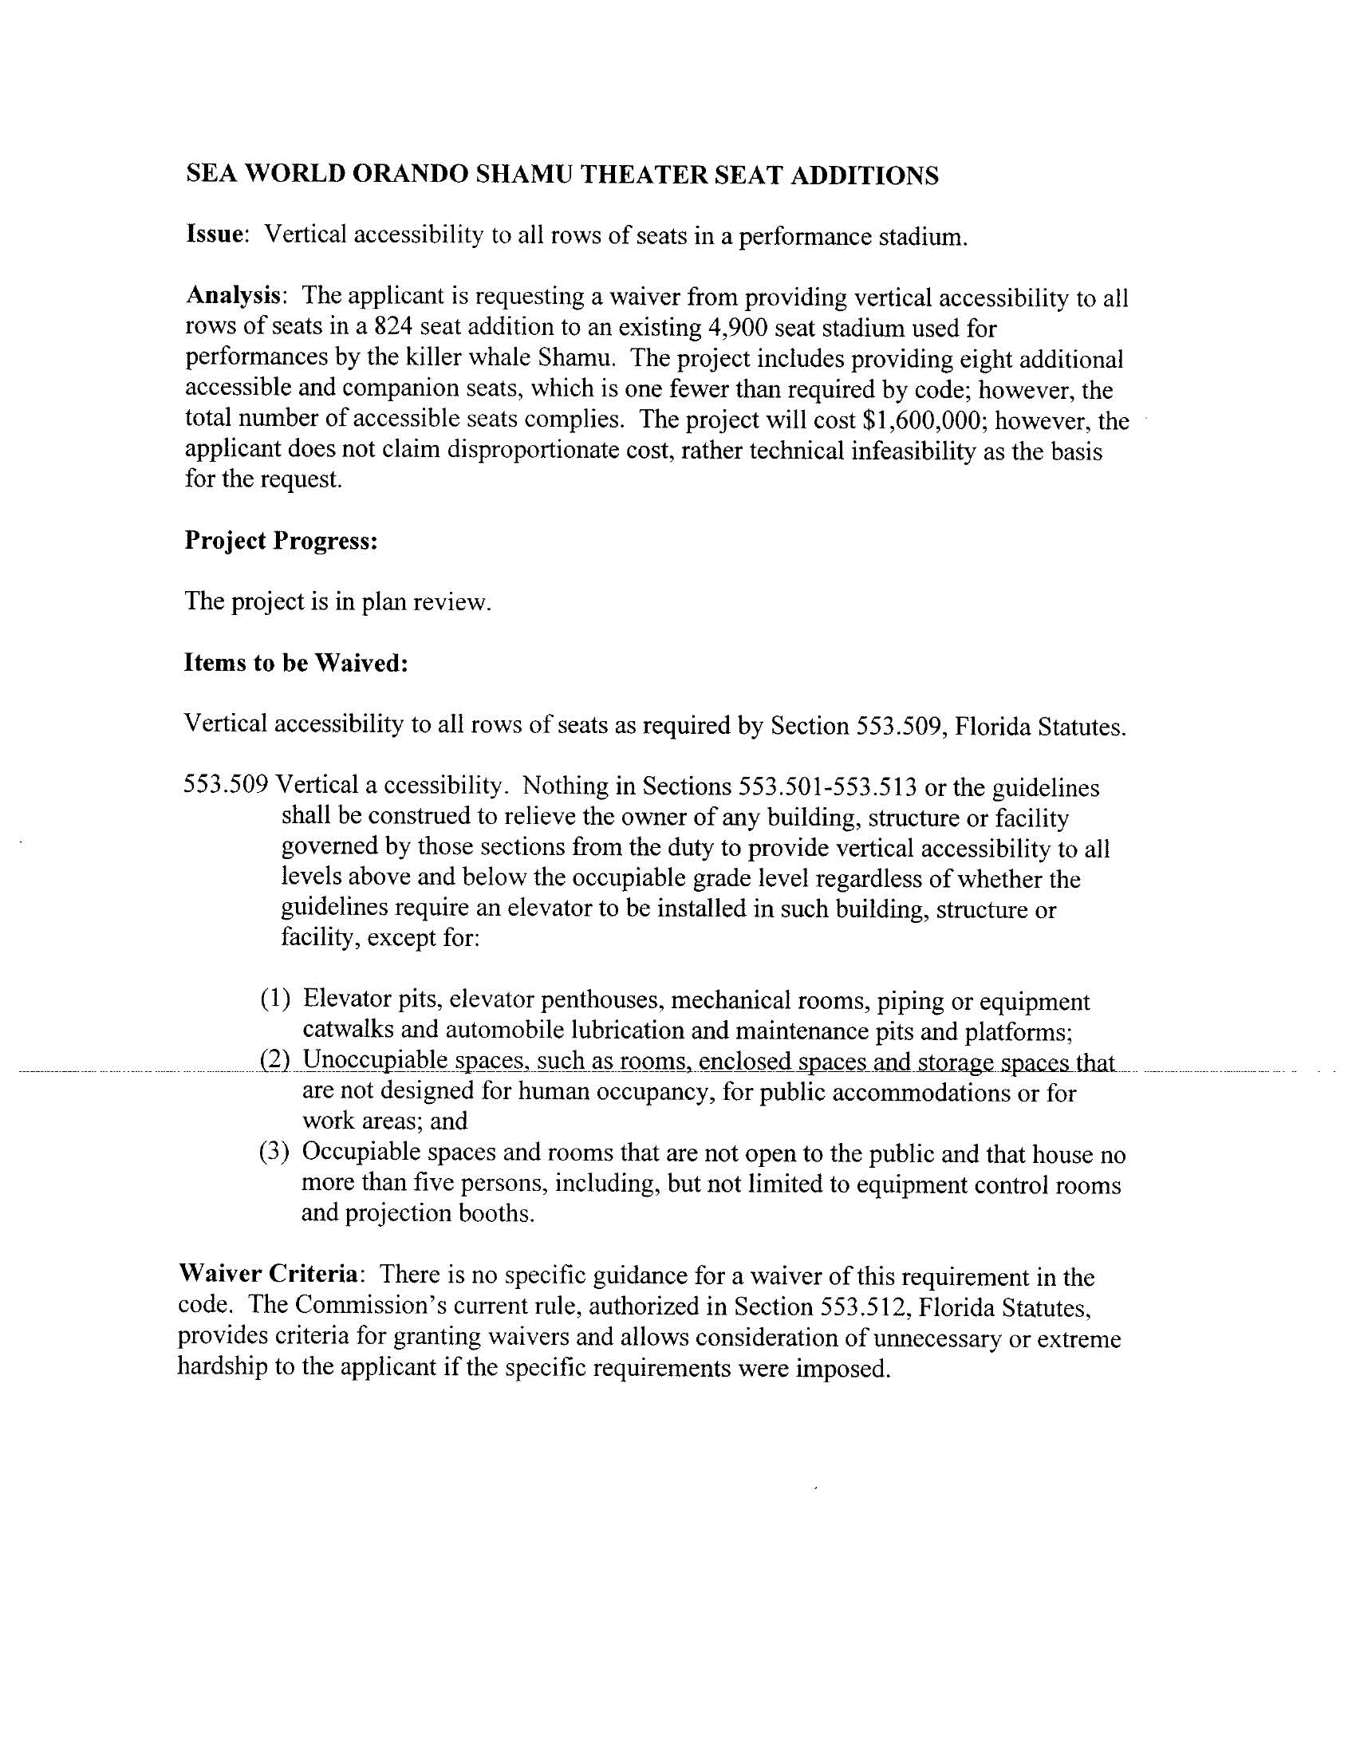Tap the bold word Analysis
click(x=235, y=297)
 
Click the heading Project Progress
click(x=281, y=541)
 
